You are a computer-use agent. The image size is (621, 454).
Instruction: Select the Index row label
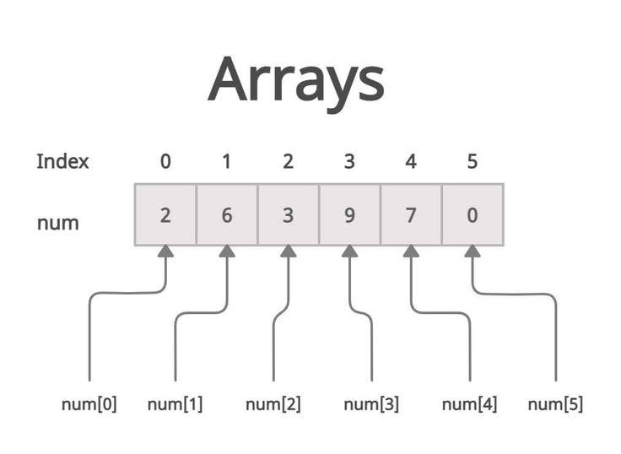pyautogui.click(x=62, y=161)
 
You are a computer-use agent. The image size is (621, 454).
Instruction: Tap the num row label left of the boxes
pyautogui.click(x=57, y=223)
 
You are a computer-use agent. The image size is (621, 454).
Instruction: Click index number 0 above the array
pyautogui.click(x=165, y=161)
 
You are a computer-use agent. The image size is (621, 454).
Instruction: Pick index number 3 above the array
pyautogui.click(x=349, y=161)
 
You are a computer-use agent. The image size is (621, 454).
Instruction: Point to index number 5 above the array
pyautogui.click(x=472, y=161)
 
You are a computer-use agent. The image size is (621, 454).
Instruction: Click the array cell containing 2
pyautogui.click(x=165, y=215)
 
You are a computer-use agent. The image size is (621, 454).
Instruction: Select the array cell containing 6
pyautogui.click(x=226, y=215)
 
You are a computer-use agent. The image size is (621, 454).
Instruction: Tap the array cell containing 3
pyautogui.click(x=288, y=215)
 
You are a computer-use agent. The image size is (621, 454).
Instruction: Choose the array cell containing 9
pyautogui.click(x=349, y=215)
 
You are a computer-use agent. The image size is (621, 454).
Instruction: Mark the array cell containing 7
pyautogui.click(x=411, y=215)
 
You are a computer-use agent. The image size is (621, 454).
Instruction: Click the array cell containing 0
pyautogui.click(x=472, y=215)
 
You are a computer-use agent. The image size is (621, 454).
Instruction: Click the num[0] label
pyautogui.click(x=89, y=404)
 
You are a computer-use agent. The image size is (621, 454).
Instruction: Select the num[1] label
pyautogui.click(x=175, y=404)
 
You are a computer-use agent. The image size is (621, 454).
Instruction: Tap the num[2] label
pyautogui.click(x=273, y=404)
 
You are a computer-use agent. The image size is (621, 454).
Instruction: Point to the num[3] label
pyautogui.click(x=371, y=404)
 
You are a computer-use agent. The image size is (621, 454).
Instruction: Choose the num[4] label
pyautogui.click(x=469, y=404)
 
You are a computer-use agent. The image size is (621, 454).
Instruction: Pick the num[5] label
pyautogui.click(x=555, y=404)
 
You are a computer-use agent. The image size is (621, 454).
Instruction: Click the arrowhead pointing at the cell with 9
pyautogui.click(x=349, y=251)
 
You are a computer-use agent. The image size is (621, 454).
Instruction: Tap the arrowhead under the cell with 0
pyautogui.click(x=472, y=251)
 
